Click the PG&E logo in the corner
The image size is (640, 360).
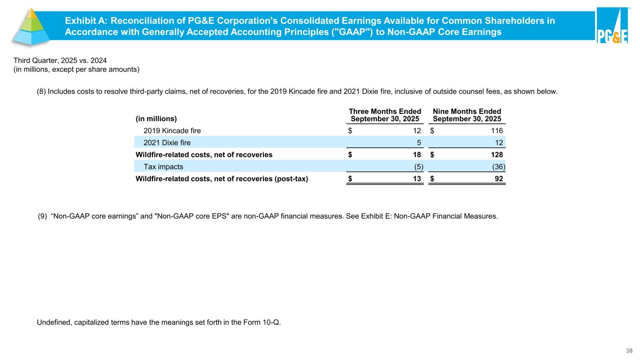[x=612, y=27]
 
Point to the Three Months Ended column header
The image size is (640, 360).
[x=385, y=115]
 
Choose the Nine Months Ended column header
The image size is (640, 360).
[x=467, y=115]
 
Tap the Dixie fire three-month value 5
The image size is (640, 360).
[x=418, y=142]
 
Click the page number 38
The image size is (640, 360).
[x=629, y=350]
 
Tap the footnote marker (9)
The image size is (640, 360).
[x=42, y=217]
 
